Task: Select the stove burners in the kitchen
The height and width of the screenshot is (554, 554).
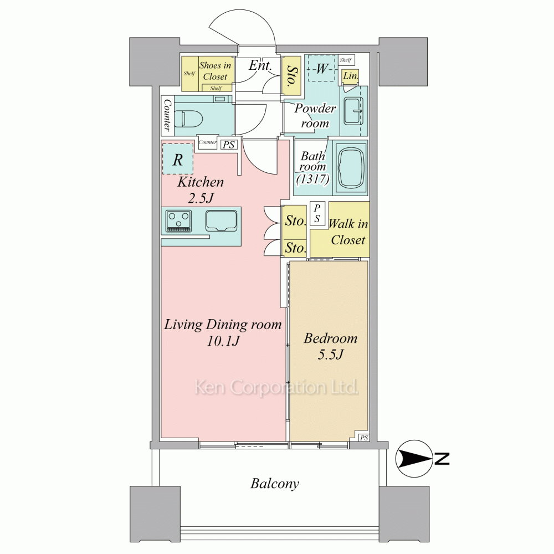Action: click(x=178, y=220)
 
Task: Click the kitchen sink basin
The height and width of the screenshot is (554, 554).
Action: click(x=221, y=221)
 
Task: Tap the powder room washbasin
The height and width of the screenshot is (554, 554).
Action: click(x=353, y=111)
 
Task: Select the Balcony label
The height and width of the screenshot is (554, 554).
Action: click(x=275, y=484)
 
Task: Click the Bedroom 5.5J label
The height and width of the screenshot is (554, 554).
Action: click(x=330, y=346)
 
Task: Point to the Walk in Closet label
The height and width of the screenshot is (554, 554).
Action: click(x=348, y=232)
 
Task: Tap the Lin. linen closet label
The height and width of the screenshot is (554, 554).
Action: click(x=351, y=75)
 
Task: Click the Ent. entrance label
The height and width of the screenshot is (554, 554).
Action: click(x=260, y=65)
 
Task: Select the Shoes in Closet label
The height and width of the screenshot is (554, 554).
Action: click(x=215, y=71)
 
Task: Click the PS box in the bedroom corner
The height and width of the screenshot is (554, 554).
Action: click(x=364, y=438)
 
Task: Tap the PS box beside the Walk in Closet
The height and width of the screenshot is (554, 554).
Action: click(x=317, y=213)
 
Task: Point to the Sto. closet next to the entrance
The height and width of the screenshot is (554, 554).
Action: click(x=291, y=76)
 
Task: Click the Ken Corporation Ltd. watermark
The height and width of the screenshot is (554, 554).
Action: click(x=276, y=387)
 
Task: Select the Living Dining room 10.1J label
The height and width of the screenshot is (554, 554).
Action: click(x=223, y=332)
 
